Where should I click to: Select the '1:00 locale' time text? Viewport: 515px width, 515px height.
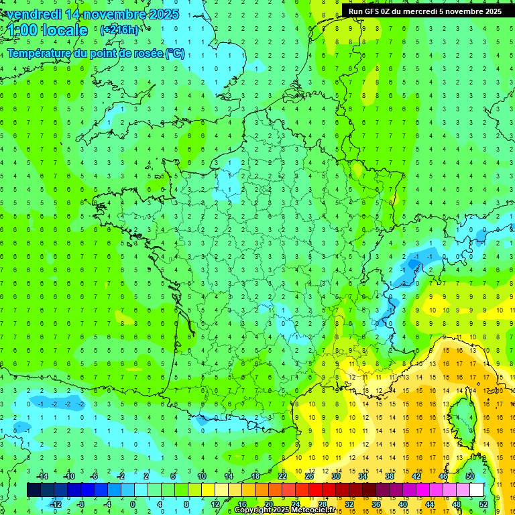coord(48,30)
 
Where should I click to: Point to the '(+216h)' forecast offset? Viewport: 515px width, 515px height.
coord(121,30)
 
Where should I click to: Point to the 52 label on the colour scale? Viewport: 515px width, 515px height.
coord(483,504)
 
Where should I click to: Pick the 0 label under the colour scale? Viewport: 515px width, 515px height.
coord(132,504)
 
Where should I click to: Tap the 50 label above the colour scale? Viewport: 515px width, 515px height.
coord(470,476)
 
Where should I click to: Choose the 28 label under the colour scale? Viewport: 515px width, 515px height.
coord(323,504)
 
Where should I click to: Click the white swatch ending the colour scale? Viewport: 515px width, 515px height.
coord(477,490)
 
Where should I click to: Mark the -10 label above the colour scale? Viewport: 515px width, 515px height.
coord(68,476)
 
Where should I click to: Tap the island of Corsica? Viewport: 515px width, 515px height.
coord(460,416)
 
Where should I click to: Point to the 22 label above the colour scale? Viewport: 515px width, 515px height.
coord(282,476)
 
